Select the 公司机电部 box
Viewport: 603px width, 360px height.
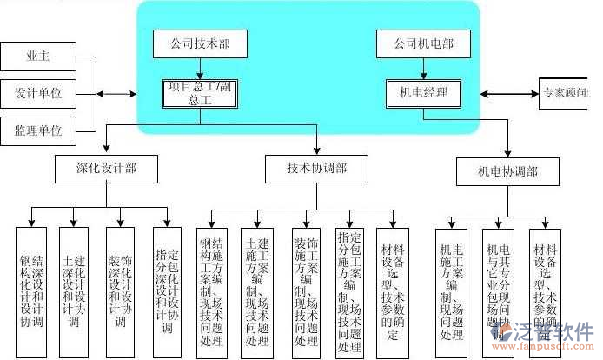point(423,43)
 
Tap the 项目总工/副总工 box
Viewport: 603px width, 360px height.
point(200,93)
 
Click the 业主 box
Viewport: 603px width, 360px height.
point(37,57)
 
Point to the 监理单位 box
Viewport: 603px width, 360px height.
point(37,130)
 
